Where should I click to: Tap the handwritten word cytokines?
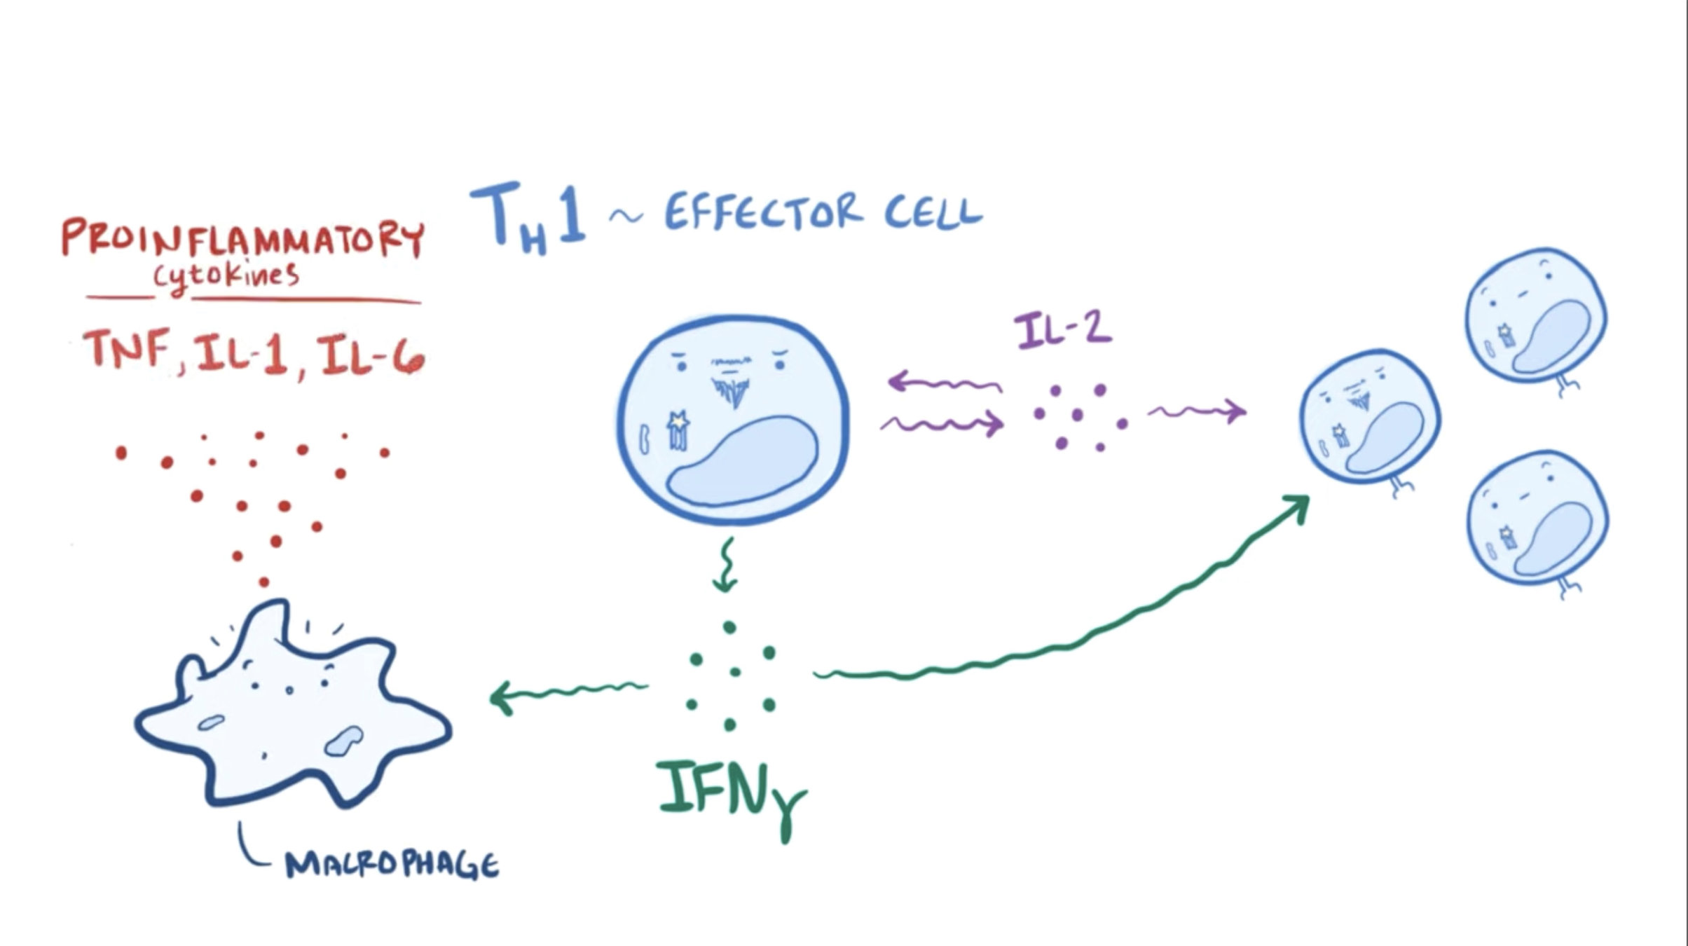coord(226,275)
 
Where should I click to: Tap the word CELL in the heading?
coord(933,210)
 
